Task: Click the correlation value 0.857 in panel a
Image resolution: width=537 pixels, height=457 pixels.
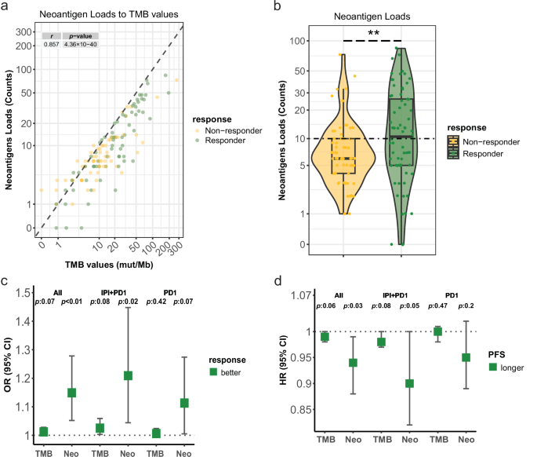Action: pos(51,44)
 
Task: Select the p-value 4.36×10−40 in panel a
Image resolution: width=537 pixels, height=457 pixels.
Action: pos(82,44)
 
